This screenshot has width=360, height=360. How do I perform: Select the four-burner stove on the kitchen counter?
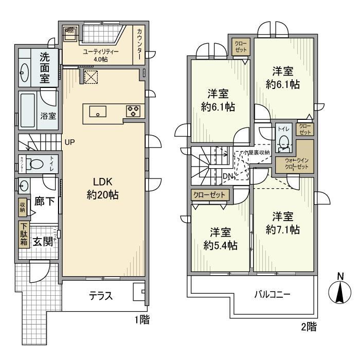tap(133, 111)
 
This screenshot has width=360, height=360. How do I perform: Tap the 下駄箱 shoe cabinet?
tap(24, 235)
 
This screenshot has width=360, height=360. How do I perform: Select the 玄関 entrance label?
tap(42, 242)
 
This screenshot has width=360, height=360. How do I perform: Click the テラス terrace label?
tap(101, 296)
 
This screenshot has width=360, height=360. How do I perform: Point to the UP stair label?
tap(70, 142)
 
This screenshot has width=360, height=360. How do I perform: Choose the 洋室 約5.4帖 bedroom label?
tap(220, 238)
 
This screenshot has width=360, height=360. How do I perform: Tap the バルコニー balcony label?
tap(273, 295)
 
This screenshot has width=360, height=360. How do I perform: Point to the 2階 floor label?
tap(309, 326)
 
